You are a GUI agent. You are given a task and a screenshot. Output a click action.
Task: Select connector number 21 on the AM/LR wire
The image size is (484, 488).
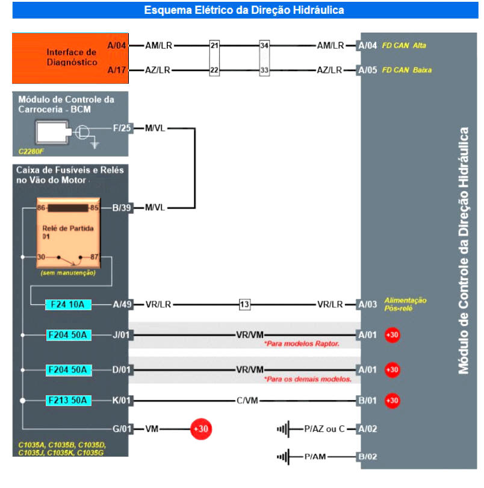click(214, 45)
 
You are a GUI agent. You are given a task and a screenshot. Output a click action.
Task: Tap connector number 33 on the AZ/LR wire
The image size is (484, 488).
click(264, 70)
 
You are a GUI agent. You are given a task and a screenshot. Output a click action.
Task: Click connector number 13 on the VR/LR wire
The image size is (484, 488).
click(244, 304)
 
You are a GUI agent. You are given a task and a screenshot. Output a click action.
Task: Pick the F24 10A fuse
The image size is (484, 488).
click(69, 304)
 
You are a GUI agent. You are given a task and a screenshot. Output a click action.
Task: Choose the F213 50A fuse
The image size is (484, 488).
click(69, 400)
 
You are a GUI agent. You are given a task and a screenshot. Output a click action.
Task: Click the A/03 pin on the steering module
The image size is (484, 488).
click(367, 304)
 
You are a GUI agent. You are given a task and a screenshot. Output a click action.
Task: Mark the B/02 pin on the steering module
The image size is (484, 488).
click(367, 457)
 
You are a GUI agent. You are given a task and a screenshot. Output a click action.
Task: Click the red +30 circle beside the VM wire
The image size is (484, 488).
click(200, 429)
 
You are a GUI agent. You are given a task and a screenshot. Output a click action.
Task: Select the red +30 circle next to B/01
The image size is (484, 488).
click(392, 400)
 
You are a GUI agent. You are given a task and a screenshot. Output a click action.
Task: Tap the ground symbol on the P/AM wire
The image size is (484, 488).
click(283, 457)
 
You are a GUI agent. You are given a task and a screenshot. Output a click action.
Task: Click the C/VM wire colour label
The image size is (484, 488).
click(249, 400)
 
